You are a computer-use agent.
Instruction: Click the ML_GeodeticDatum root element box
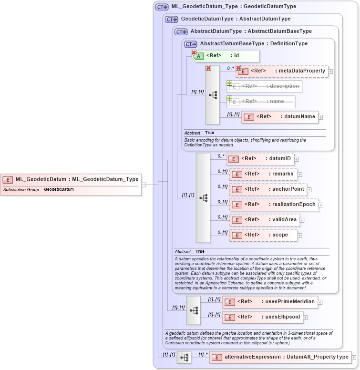[72, 179]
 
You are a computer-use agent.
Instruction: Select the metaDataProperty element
[282, 71]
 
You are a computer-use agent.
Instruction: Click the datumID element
[260, 159]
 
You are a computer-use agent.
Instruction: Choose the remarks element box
[263, 174]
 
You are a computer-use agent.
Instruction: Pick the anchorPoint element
[267, 189]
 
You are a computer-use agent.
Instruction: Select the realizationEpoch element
[273, 205]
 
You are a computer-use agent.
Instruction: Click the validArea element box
[264, 220]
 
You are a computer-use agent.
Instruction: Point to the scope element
[264, 235]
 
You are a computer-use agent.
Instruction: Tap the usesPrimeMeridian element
[270, 302]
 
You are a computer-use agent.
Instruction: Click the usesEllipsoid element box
[263, 317]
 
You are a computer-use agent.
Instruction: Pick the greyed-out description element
[264, 86]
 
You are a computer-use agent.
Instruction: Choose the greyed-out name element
[261, 102]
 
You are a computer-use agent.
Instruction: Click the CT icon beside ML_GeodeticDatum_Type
[162, 7]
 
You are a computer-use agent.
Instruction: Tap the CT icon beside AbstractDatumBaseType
[191, 44]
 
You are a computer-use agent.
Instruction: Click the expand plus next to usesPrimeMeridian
[320, 302]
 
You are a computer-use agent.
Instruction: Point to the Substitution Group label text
[21, 190]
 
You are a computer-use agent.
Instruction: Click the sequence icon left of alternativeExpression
[184, 357]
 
